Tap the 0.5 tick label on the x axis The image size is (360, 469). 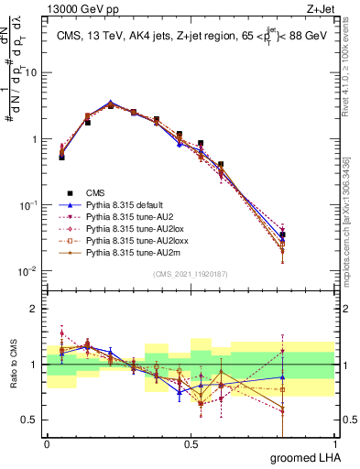(191, 444)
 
